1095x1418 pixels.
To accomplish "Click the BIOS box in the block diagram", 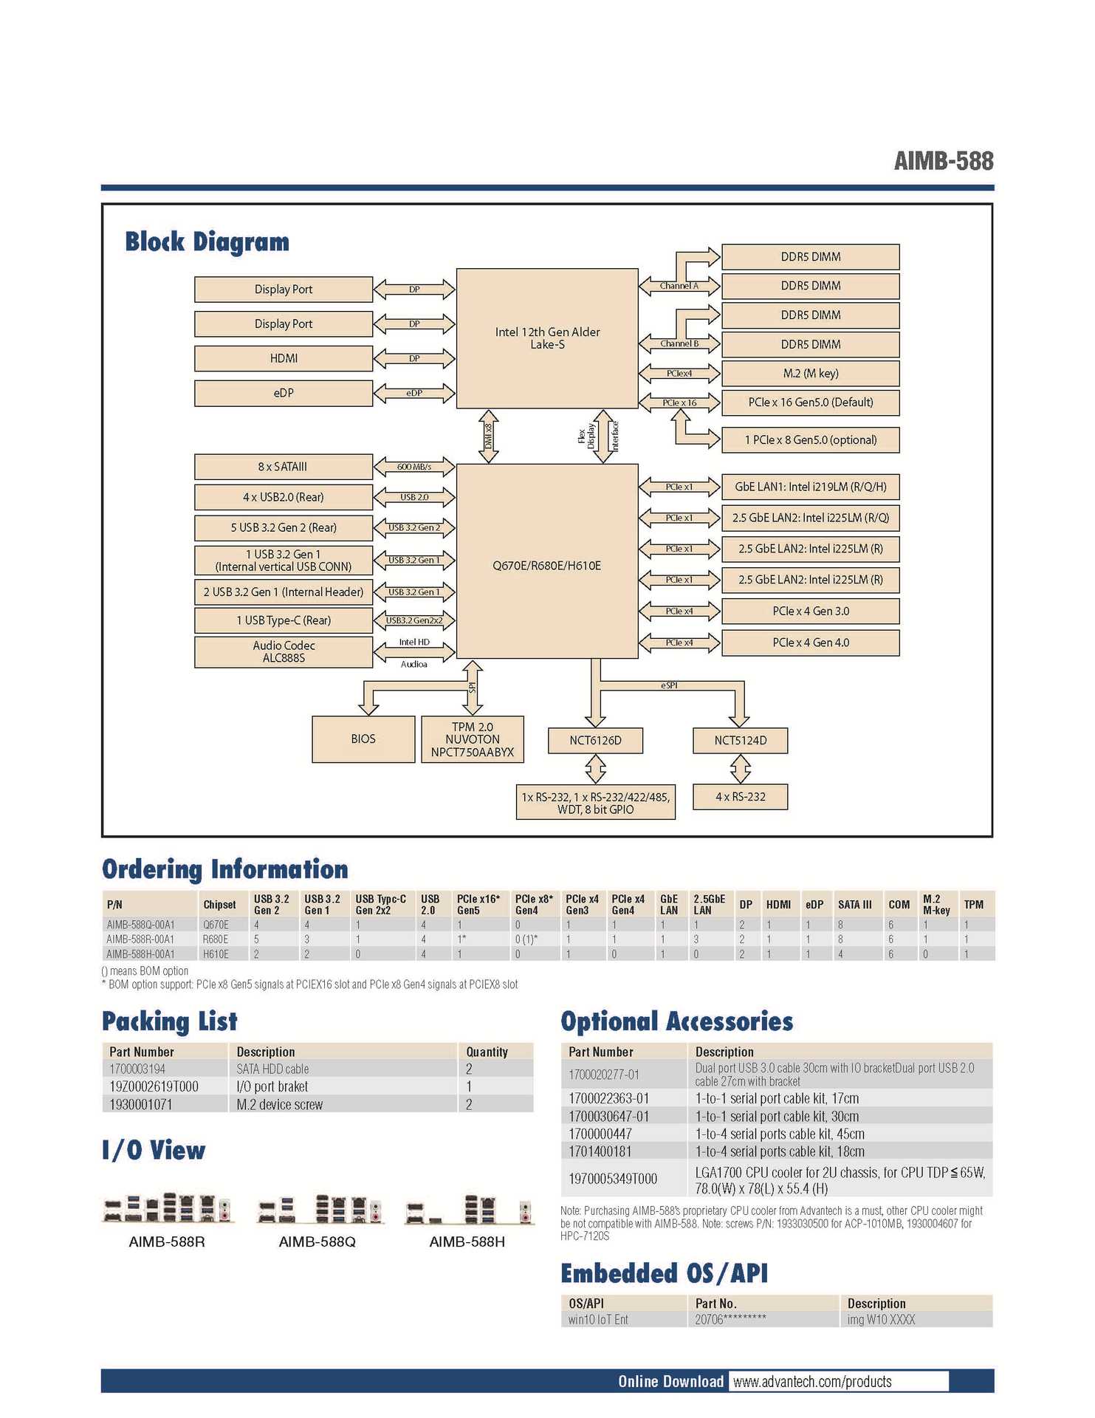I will pos(363,739).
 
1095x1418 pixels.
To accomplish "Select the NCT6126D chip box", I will pos(595,740).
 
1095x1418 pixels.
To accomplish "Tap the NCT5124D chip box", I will pos(740,740).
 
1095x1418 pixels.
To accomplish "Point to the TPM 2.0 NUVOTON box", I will pos(472,739).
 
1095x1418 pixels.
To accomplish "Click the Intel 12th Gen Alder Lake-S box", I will pos(547,338).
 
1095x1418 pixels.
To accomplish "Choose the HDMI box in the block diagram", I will pos(284,358).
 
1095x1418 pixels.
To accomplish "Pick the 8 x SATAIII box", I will pos(284,467).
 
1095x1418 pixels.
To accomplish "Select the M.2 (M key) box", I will pos(810,374).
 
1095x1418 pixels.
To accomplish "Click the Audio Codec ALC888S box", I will pos(284,651).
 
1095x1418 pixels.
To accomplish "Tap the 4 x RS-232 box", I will pos(740,797).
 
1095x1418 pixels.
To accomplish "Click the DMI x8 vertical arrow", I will pos(488,436).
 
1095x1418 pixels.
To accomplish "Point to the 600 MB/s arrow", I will pos(414,467).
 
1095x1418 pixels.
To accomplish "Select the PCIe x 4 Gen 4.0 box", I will pos(810,643).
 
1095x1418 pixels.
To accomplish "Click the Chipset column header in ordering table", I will pos(219,905).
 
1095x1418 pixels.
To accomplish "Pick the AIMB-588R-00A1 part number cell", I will pos(140,939).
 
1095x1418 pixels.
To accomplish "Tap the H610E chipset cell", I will pos(216,954).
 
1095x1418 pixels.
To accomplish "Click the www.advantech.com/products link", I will pos(812,1382).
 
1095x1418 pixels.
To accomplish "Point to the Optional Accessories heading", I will pos(676,1021).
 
